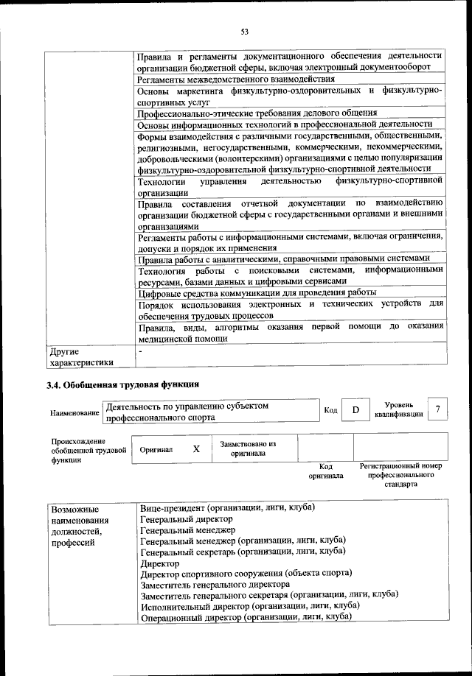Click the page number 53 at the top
[244, 31]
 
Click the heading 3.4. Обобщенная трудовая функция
[122, 384]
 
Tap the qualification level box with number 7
[439, 409]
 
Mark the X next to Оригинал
[196, 448]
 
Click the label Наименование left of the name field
[74, 413]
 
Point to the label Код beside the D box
[331, 410]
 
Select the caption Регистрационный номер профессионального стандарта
[400, 475]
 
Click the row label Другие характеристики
[81, 357]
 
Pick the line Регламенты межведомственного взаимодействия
[236, 78]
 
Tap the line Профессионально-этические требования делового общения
[257, 113]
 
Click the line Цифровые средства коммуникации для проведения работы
[257, 292]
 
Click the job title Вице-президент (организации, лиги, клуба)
[228, 508]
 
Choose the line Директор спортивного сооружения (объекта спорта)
[246, 572]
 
